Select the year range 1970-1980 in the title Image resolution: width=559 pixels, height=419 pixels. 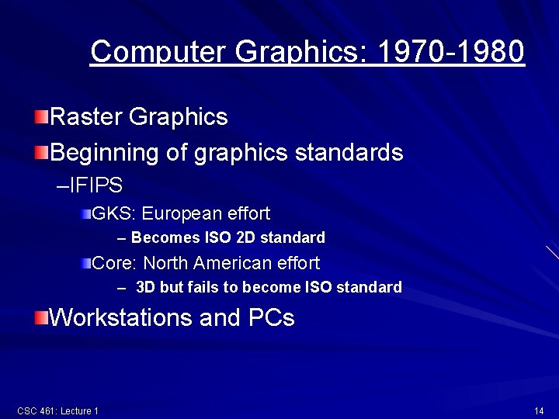click(450, 52)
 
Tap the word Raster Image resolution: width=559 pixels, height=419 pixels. click(85, 117)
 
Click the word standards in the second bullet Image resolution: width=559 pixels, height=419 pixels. click(349, 152)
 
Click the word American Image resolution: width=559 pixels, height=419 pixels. click(232, 263)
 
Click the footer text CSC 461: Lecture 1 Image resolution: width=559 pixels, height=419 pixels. click(57, 410)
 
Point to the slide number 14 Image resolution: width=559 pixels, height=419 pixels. click(539, 410)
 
